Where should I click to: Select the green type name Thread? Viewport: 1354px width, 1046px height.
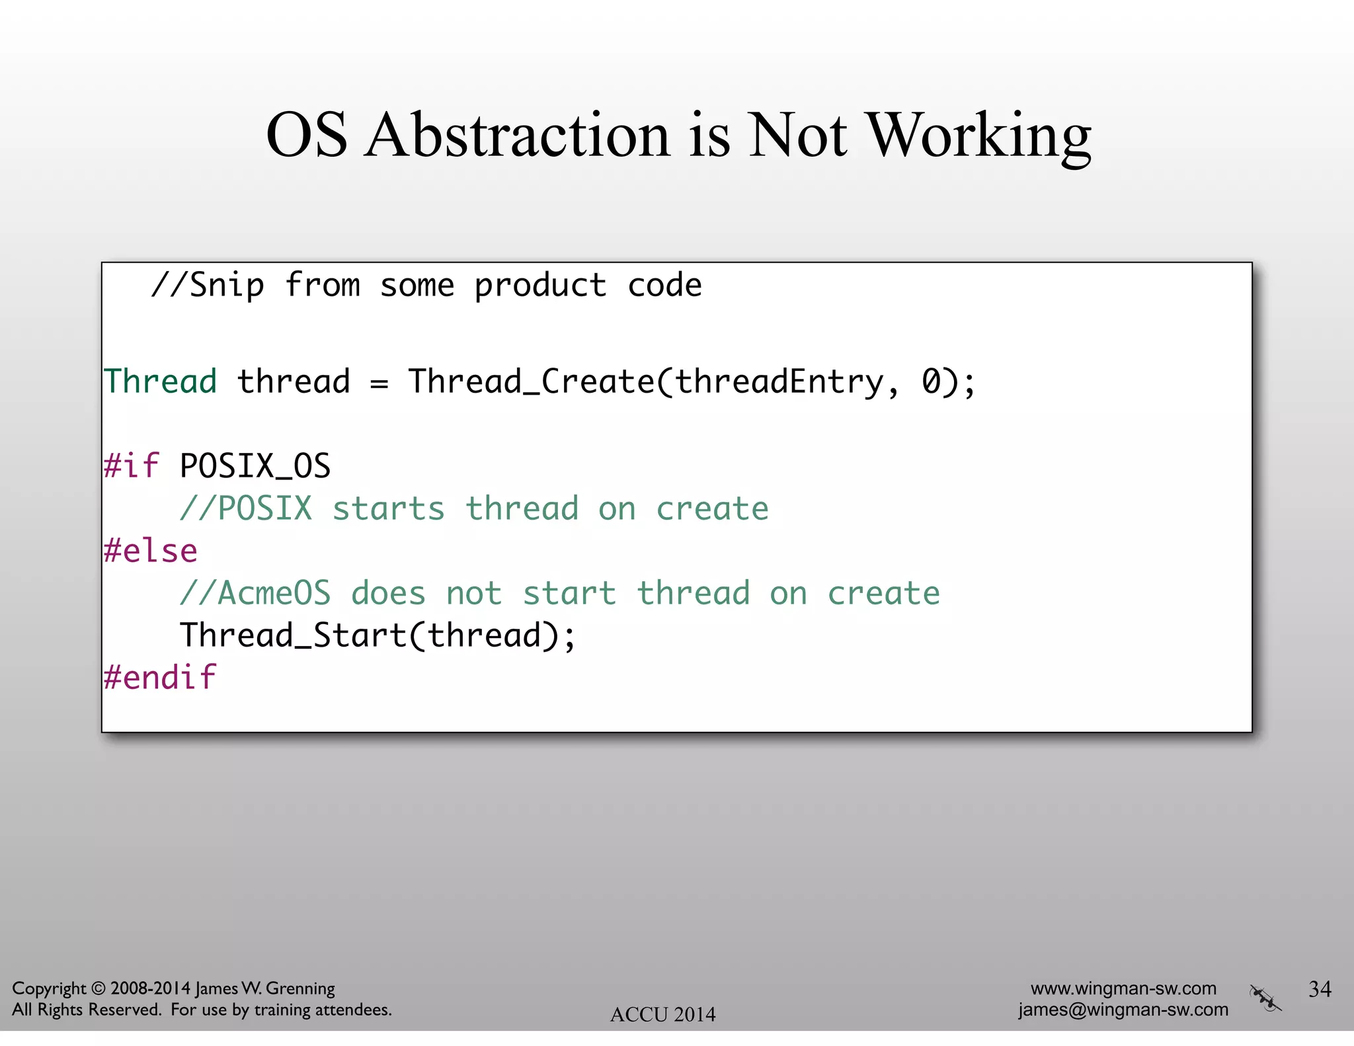[161, 382]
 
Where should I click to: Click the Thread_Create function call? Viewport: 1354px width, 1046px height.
[531, 382]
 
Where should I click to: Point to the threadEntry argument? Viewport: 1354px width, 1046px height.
[779, 382]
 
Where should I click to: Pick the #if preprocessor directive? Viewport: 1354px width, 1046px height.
[132, 465]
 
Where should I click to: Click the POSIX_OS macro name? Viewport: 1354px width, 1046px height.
[255, 465]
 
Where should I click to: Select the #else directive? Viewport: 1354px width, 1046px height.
[151, 551]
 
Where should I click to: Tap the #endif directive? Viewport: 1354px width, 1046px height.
[160, 678]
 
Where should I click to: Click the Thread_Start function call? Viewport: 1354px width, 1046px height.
[294, 635]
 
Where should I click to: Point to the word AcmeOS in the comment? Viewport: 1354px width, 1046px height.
[274, 593]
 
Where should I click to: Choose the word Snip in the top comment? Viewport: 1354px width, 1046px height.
[227, 286]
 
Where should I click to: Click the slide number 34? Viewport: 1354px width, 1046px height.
[1320, 989]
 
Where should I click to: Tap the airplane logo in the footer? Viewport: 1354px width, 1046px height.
[1265, 998]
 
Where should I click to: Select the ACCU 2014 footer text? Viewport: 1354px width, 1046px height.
[662, 1014]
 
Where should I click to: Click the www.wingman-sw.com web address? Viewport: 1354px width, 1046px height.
[1123, 988]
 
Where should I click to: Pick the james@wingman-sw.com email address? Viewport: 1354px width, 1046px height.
[1123, 1010]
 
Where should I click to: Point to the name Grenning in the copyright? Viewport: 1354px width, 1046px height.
[300, 988]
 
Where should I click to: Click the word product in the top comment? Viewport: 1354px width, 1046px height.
[540, 286]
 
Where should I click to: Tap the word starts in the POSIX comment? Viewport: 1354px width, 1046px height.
[388, 508]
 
